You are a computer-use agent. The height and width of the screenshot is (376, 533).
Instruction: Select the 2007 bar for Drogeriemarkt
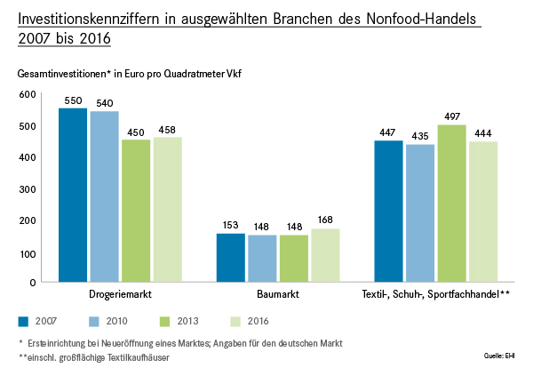coord(73,195)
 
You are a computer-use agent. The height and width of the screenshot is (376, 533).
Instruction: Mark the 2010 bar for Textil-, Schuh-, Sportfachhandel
coord(420,212)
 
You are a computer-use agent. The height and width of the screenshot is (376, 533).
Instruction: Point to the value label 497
coord(452,117)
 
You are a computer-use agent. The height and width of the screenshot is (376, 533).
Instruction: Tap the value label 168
coord(325,221)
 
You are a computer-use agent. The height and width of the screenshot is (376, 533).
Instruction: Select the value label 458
coord(167,130)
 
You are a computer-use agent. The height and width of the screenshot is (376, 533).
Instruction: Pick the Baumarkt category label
coord(278,293)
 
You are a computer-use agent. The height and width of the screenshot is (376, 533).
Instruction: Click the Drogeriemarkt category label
coord(120,293)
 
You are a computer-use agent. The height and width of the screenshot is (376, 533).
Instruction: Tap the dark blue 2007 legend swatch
coord(24,320)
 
